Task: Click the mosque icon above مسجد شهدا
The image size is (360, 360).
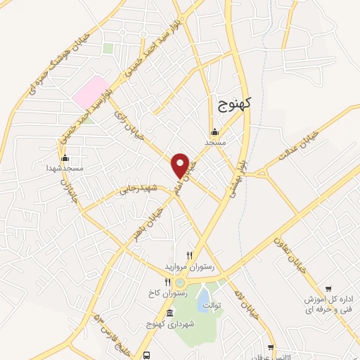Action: pos(65,157)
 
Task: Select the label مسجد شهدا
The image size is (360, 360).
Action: pos(65,169)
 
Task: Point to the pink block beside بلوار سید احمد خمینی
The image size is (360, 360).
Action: pos(89,93)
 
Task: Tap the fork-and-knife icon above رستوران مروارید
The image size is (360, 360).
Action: pos(188,256)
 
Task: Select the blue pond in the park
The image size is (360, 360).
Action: pos(202,293)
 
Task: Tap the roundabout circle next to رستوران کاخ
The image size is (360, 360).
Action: pos(179,283)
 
